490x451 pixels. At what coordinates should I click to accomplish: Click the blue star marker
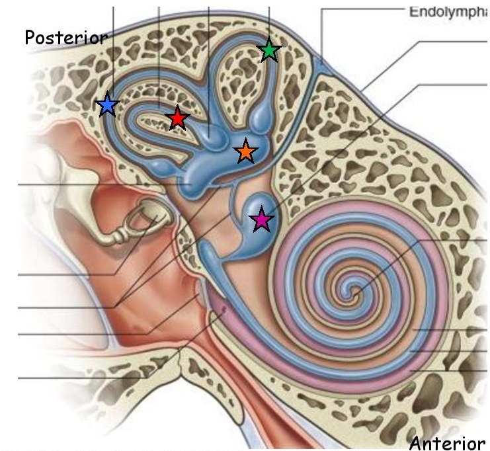[x=107, y=104]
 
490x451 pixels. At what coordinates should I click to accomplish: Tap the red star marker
[x=177, y=118]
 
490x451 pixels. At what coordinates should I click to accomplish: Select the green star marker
[x=268, y=50]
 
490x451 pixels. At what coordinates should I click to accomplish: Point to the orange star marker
[x=245, y=151]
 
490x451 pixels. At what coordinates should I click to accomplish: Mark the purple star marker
[x=262, y=220]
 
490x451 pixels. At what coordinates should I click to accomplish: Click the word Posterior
[x=65, y=38]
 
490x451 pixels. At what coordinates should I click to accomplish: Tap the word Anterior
[x=446, y=442]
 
